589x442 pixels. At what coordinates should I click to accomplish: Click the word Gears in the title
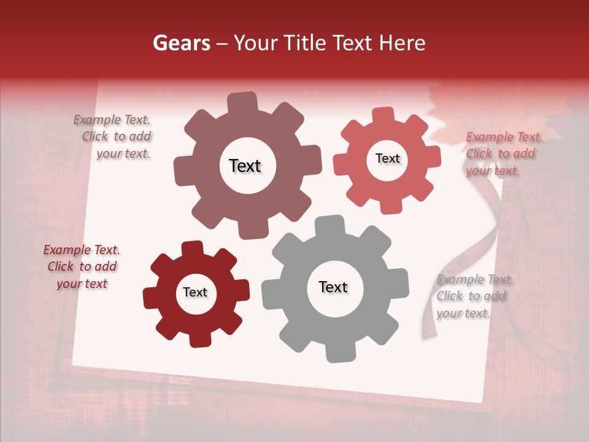181,43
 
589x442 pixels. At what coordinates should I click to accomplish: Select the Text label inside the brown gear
245,166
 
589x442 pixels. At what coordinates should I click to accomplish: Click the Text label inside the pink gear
387,158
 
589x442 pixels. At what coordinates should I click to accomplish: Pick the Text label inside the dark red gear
195,293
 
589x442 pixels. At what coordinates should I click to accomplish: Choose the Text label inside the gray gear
333,287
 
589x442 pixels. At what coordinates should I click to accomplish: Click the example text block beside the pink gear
503,154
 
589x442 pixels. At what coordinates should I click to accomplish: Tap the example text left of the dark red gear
82,267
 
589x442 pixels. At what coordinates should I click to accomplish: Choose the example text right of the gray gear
474,297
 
